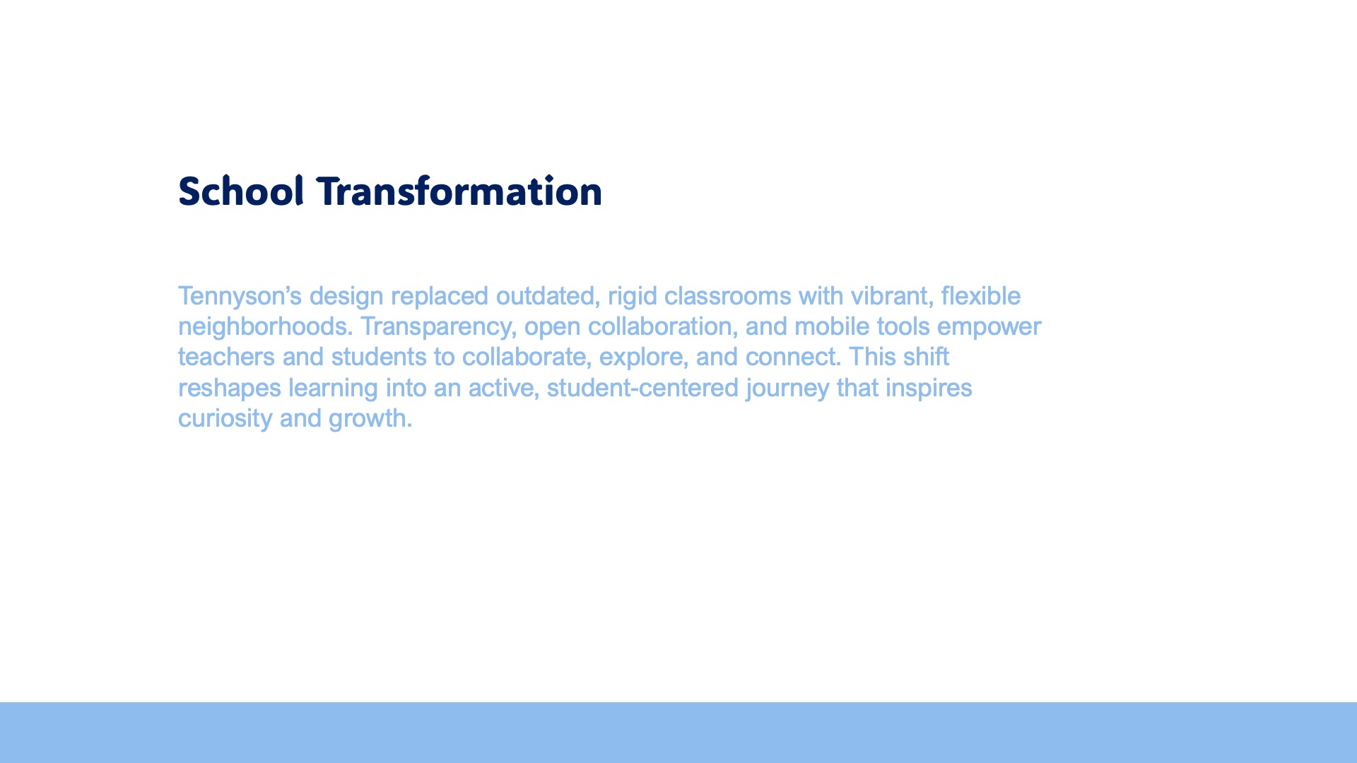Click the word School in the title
241,191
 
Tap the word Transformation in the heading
459,191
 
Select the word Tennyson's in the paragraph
240,296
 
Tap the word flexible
981,296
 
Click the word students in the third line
379,357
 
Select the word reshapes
230,388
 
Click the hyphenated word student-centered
642,388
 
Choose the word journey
787,389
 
